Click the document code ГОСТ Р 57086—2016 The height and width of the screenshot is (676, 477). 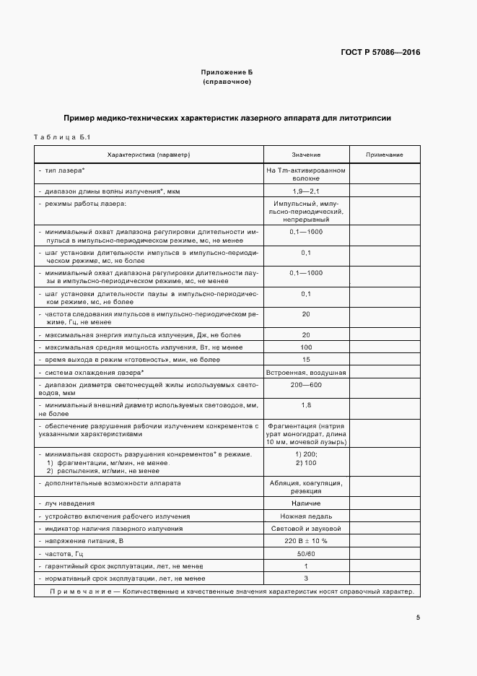pyautogui.click(x=380, y=53)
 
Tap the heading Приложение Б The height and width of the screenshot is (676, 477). pyautogui.click(x=227, y=73)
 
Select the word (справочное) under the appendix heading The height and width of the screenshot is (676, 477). pyautogui.click(x=227, y=82)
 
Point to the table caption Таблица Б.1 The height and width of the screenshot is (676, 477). pyautogui.click(x=61, y=136)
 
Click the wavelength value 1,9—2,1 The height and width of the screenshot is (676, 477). pyautogui.click(x=306, y=191)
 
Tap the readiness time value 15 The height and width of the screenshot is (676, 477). pyautogui.click(x=306, y=360)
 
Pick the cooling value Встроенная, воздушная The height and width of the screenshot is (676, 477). pyautogui.click(x=306, y=372)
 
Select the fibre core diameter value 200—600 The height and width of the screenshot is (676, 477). pyautogui.click(x=306, y=385)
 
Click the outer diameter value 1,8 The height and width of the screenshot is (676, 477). pyautogui.click(x=306, y=405)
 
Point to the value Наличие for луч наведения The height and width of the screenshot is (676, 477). pyautogui.click(x=306, y=503)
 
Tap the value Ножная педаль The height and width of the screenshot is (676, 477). pyautogui.click(x=306, y=516)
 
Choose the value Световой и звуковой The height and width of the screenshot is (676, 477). pyautogui.click(x=306, y=529)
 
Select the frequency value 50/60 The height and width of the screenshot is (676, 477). pyautogui.click(x=306, y=553)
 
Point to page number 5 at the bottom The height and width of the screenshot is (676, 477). pyautogui.click(x=418, y=618)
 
